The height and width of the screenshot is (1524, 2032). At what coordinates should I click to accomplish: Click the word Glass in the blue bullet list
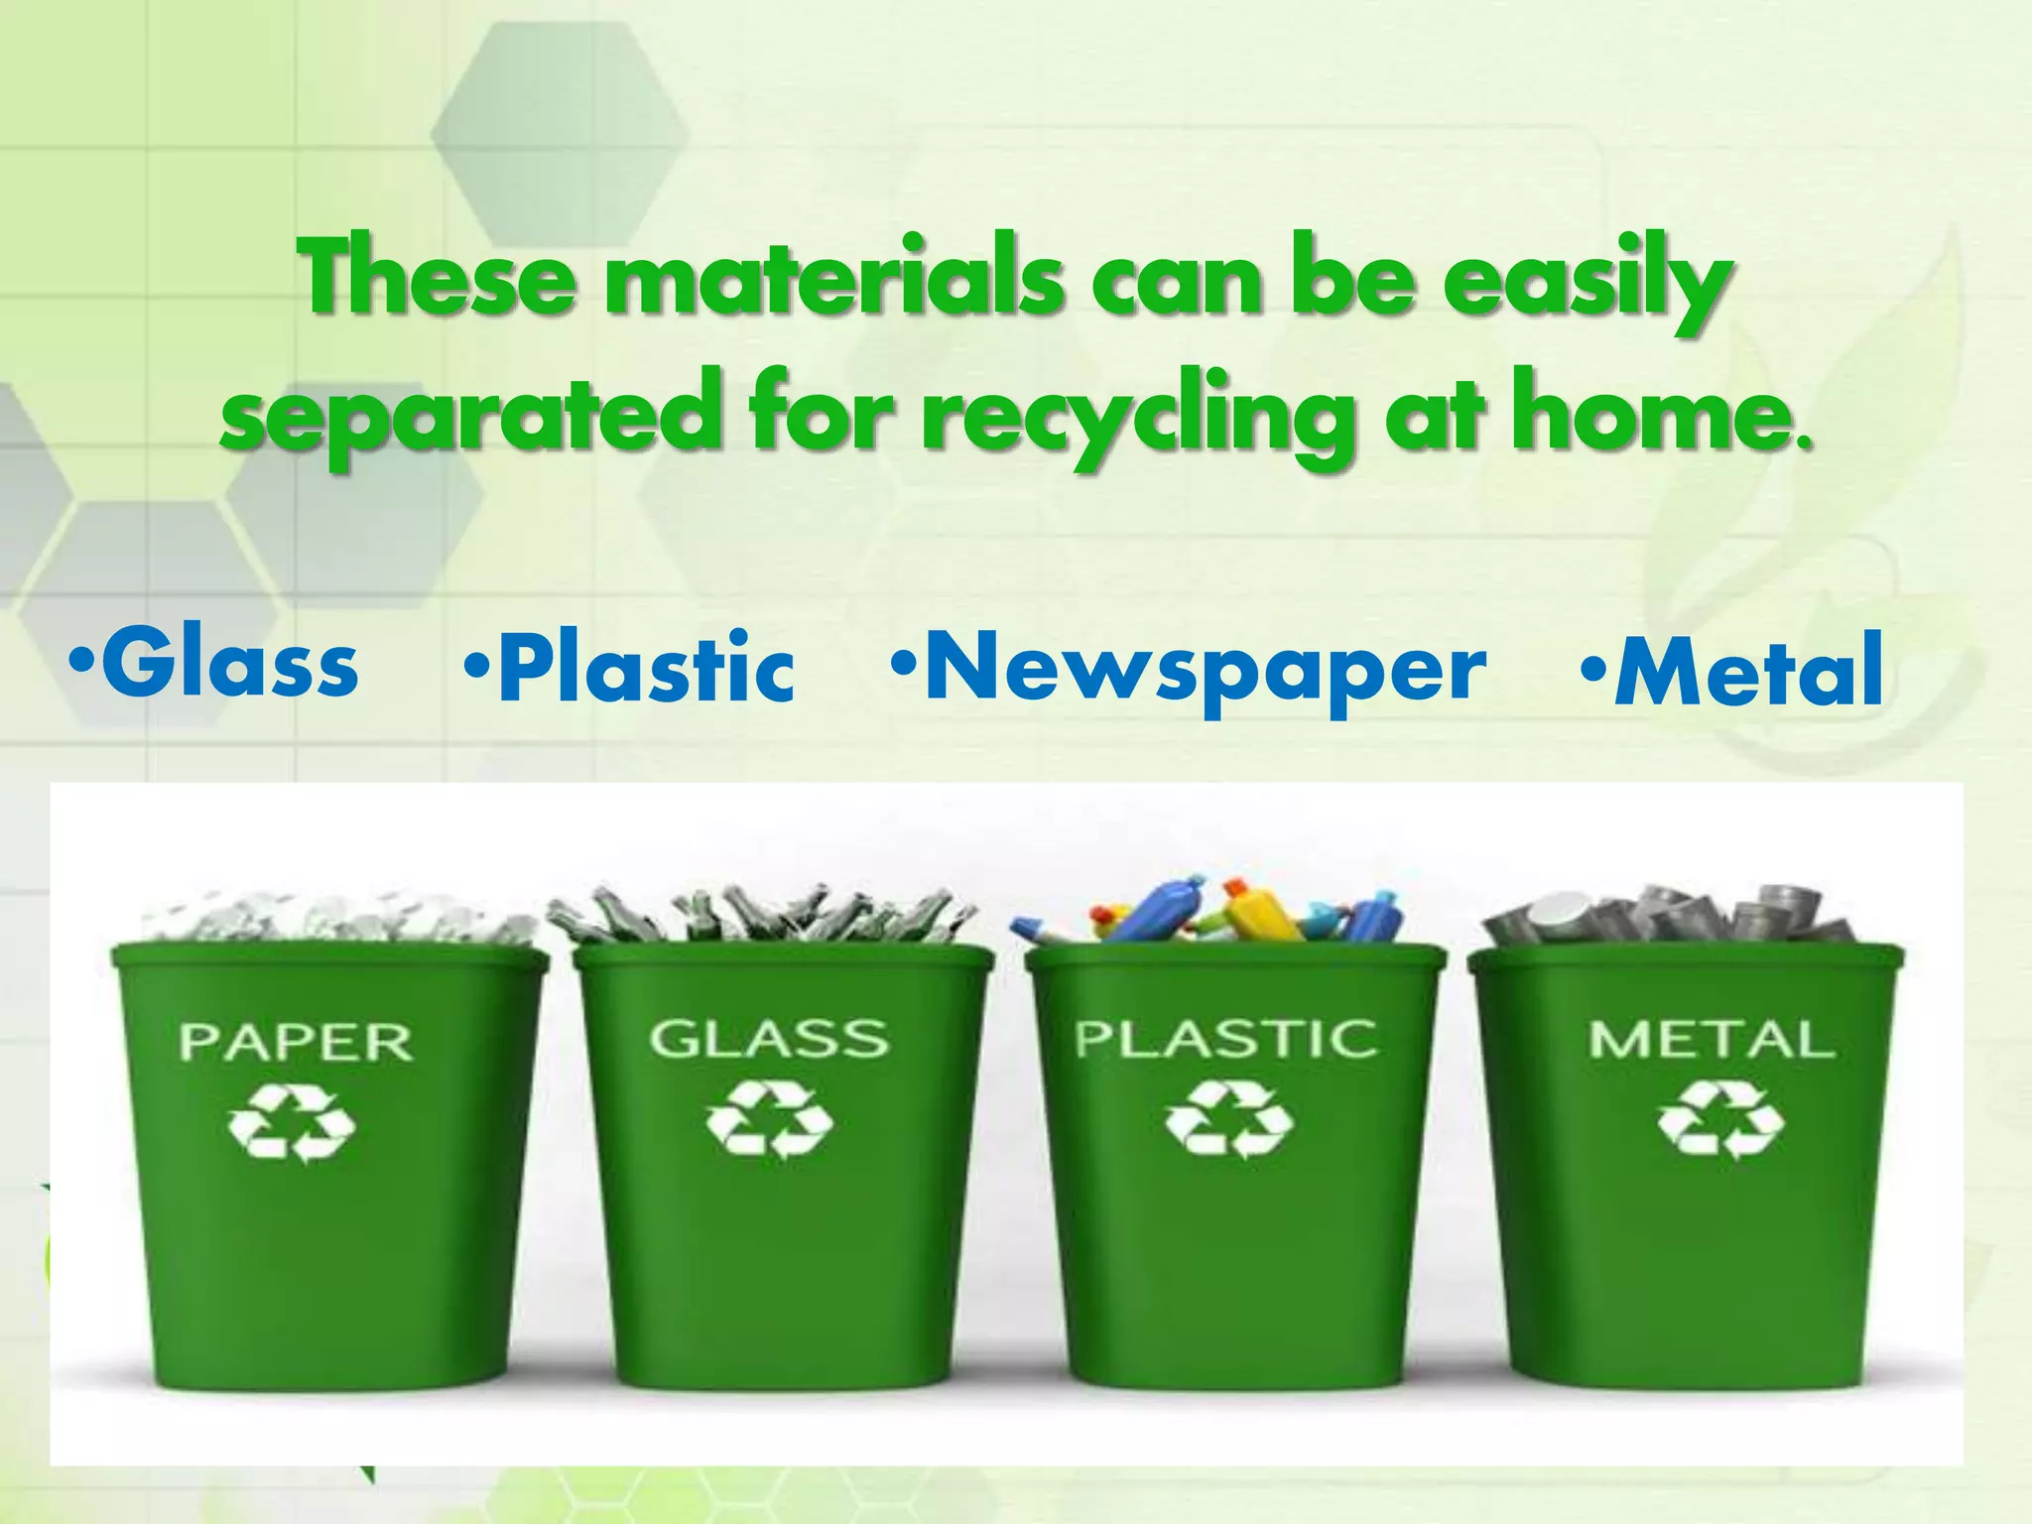229,663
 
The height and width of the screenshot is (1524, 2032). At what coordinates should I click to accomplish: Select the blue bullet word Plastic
645,668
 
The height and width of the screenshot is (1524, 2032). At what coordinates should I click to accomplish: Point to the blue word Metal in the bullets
1748,671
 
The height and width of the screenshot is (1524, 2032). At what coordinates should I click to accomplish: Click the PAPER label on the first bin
296,1042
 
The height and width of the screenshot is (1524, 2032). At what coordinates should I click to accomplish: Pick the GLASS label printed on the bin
768,1039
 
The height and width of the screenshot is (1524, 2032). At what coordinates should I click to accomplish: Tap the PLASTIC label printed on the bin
1226,1039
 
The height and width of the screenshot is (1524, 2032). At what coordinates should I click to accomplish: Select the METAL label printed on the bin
1712,1039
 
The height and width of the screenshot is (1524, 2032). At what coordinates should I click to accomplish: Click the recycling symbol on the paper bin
292,1123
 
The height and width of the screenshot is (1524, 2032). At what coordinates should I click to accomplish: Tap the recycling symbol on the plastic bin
1229,1120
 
